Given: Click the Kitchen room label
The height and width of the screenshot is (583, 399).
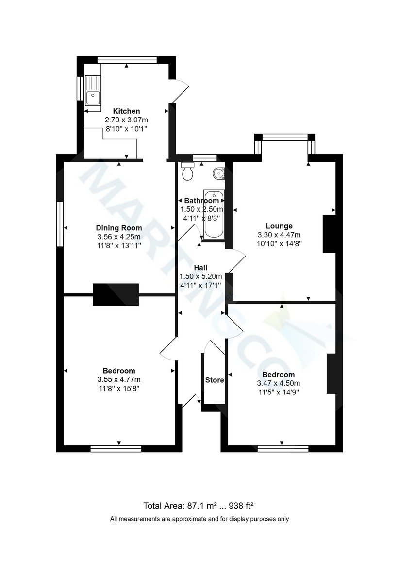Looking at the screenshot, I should pyautogui.click(x=126, y=111).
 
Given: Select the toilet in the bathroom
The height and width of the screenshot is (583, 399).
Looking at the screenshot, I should pyautogui.click(x=187, y=171).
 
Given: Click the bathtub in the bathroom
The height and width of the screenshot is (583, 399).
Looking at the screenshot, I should pyautogui.click(x=214, y=215).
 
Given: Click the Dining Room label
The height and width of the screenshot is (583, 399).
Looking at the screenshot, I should pyautogui.click(x=119, y=228).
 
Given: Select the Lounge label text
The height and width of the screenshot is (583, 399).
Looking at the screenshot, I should pyautogui.click(x=279, y=226).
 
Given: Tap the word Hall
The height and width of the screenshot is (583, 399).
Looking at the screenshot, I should pyautogui.click(x=201, y=268).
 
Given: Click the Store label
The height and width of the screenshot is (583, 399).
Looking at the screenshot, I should pyautogui.click(x=214, y=380).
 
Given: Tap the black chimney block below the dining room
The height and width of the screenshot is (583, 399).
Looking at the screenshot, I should pyautogui.click(x=116, y=294).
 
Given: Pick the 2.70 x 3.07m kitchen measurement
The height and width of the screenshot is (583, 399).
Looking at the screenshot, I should pyautogui.click(x=126, y=120).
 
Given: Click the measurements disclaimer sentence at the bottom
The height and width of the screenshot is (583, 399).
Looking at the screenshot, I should pyautogui.click(x=199, y=519).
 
